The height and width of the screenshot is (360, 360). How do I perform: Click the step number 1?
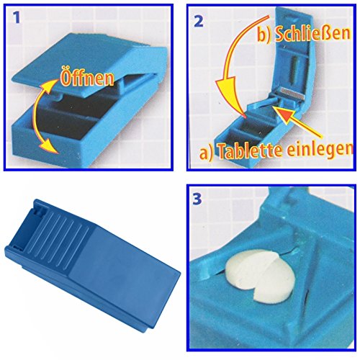(x=17, y=19)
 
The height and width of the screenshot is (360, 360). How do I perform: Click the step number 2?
(x=198, y=21)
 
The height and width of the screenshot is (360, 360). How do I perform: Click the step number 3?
(x=197, y=199)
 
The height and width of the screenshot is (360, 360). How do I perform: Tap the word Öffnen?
(x=87, y=77)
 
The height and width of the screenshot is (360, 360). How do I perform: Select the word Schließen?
(x=312, y=34)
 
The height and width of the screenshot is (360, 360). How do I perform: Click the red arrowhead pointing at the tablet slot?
(x=283, y=112)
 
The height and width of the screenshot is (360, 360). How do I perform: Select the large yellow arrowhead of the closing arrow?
(x=228, y=93)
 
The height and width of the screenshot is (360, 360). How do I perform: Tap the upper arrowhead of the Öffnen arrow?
(x=50, y=84)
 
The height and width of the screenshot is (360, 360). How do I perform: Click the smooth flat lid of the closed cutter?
(x=125, y=266)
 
